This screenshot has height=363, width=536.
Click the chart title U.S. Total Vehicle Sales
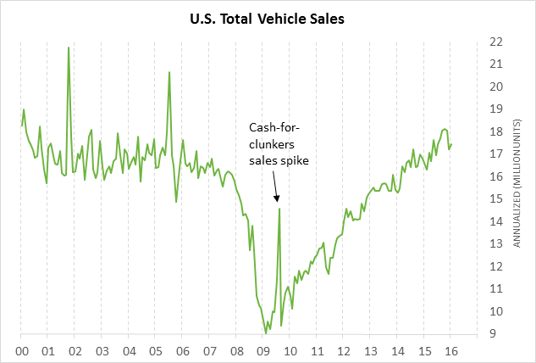coord(268,16)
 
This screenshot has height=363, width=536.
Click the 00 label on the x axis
coord(22,349)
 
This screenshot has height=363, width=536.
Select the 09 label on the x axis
coord(262,349)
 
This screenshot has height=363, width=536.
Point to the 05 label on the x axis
coord(156,349)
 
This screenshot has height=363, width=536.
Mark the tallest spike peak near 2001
coord(69,47)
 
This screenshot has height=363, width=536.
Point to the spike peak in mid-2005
coord(169,72)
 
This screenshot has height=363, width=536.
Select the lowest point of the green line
coord(266,333)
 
